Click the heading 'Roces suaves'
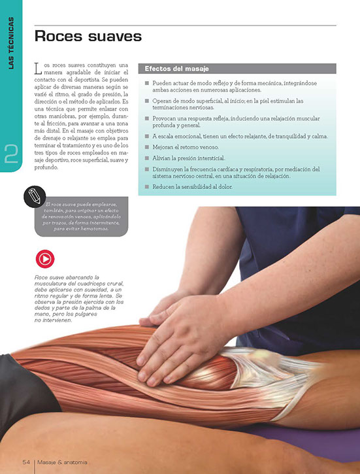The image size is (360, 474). pyautogui.click(x=88, y=36)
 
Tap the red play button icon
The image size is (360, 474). pyautogui.click(x=45, y=259)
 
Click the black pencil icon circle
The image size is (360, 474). pyautogui.click(x=35, y=197)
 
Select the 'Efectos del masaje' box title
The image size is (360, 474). pyautogui.click(x=176, y=69)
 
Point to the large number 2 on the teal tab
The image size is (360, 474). pyautogui.click(x=11, y=154)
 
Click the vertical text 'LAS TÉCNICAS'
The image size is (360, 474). pyautogui.click(x=11, y=43)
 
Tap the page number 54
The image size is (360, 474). pyautogui.click(x=26, y=462)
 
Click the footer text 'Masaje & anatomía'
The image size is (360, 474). pyautogui.click(x=63, y=462)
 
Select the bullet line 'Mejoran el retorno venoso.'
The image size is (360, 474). pyautogui.click(x=186, y=147)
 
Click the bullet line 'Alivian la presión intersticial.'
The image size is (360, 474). pyautogui.click(x=189, y=158)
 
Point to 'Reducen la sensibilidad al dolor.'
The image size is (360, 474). pyautogui.click(x=192, y=187)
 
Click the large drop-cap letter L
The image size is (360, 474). pyautogui.click(x=37, y=68)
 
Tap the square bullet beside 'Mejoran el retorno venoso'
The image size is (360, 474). pyautogui.click(x=147, y=147)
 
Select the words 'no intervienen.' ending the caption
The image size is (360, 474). pyautogui.click(x=54, y=320)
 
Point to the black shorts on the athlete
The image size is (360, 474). pyautogui.click(x=21, y=390)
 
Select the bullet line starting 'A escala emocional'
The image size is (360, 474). pyautogui.click(x=240, y=137)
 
